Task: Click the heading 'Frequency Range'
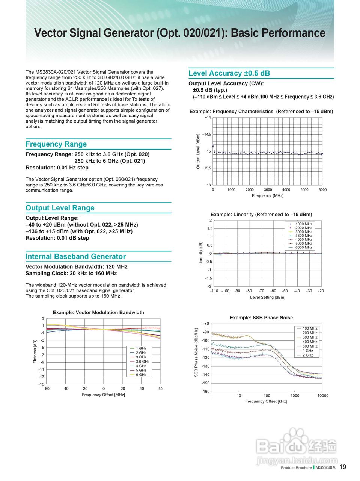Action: tap(56, 144)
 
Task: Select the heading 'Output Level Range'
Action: tap(60, 208)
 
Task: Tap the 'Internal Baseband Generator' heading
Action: tap(75, 257)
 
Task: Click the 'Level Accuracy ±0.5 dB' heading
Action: tap(229, 73)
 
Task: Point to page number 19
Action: tap(343, 467)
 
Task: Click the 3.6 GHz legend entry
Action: tap(142, 362)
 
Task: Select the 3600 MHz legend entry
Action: tap(304, 236)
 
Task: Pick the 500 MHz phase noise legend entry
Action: tap(310, 346)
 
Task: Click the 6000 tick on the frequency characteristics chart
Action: tap(322, 190)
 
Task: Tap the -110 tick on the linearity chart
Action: tap(214, 291)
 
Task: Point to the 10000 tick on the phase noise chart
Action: tap(322, 396)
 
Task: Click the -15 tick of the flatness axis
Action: tap(41, 384)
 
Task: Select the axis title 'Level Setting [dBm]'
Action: tap(267, 298)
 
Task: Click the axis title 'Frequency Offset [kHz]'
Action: tap(266, 401)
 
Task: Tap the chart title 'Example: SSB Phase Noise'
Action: tap(261, 318)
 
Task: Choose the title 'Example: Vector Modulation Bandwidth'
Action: tap(98, 312)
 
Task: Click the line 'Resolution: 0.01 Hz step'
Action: tap(57, 168)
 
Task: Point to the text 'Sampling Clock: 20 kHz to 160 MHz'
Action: tap(71, 274)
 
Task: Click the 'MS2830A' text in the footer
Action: tap(325, 468)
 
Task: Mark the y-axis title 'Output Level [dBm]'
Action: tap(198, 151)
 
